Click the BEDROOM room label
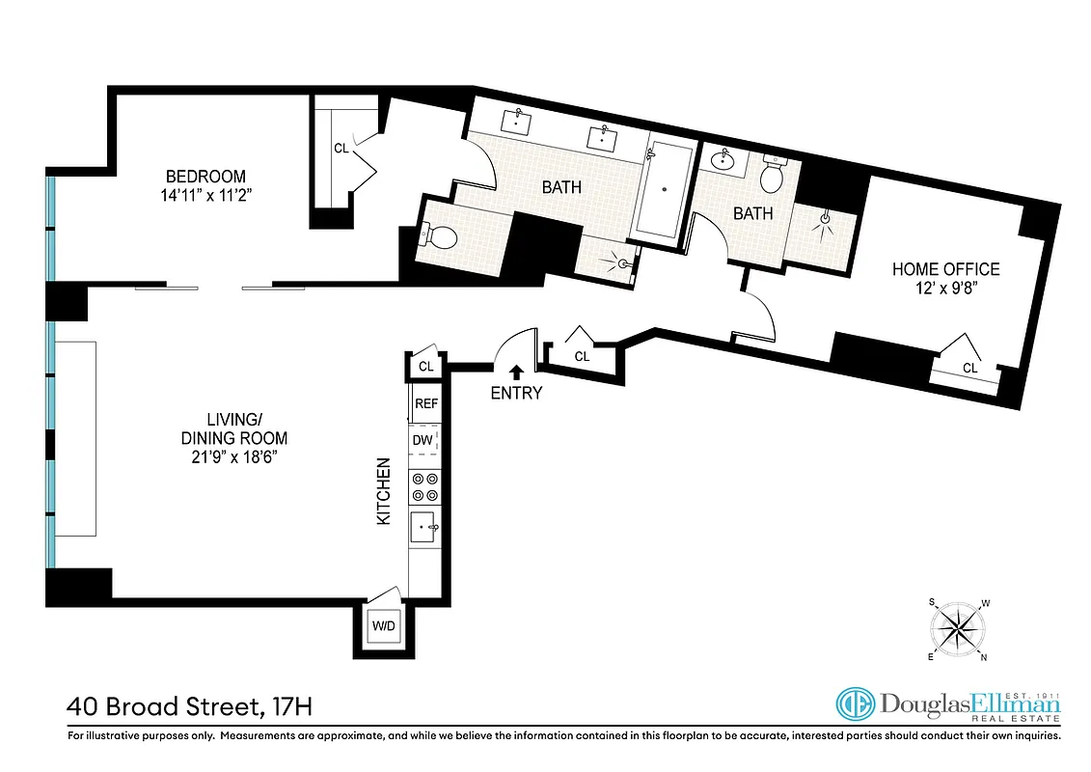tap(205, 177)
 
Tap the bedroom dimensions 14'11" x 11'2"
tap(205, 195)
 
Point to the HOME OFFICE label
tap(945, 269)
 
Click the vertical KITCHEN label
tap(384, 491)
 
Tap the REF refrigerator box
tap(425, 404)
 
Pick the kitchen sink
tap(424, 528)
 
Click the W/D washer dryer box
tap(384, 626)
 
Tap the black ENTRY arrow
tap(517, 371)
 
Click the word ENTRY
tap(516, 393)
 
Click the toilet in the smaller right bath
tap(773, 175)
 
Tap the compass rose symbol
tap(959, 630)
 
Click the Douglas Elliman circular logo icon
tap(856, 705)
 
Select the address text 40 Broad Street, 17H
tap(189, 707)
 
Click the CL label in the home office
tap(969, 368)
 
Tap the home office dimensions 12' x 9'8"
tap(945, 288)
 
